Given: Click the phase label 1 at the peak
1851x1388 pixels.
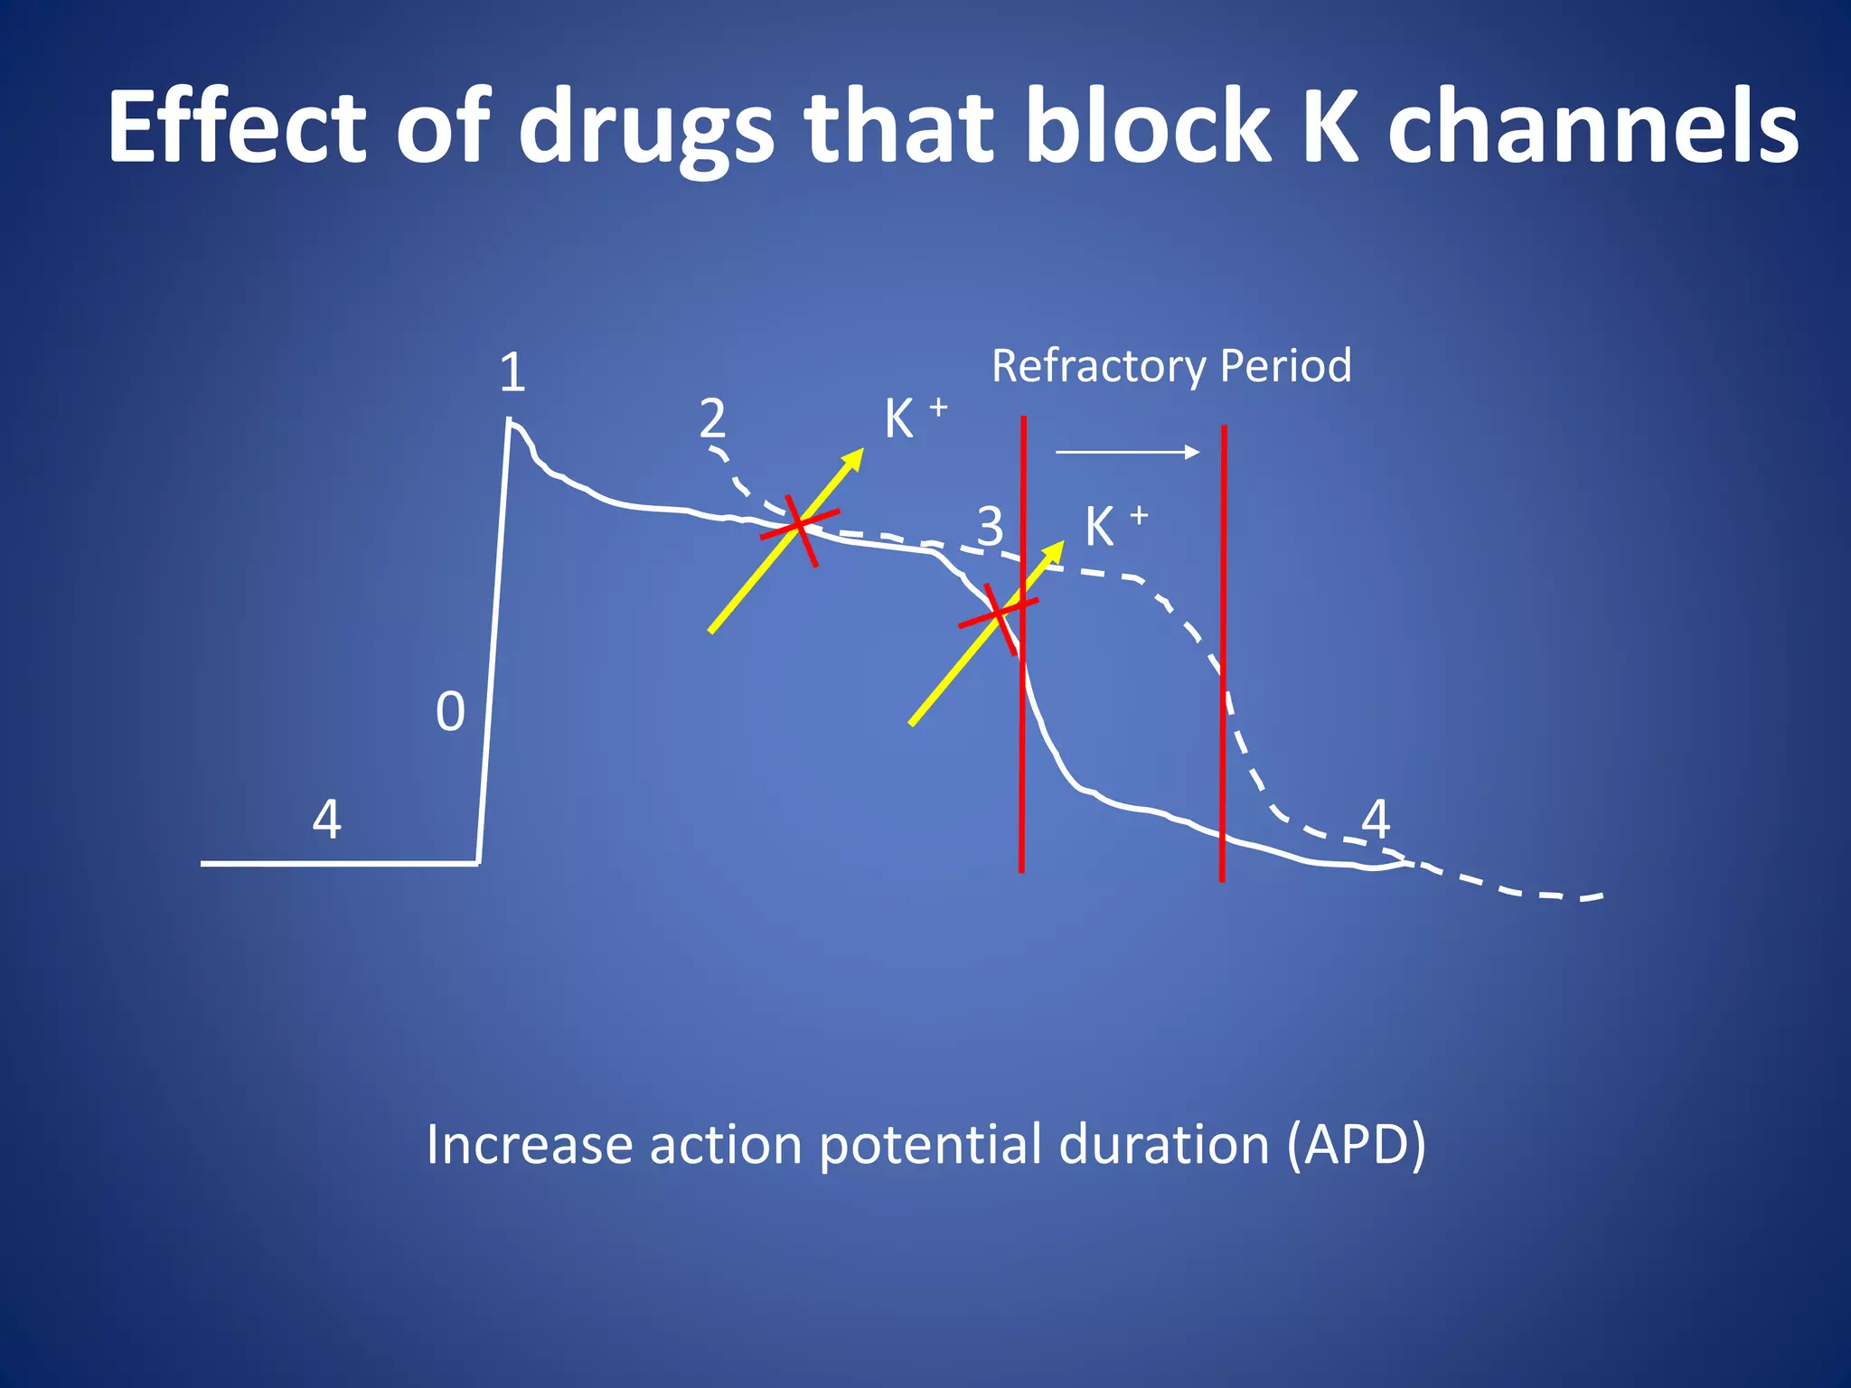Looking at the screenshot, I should click(x=512, y=372).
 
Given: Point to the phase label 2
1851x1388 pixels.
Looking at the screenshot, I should click(x=712, y=417).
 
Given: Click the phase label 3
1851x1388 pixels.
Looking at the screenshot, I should click(x=990, y=526).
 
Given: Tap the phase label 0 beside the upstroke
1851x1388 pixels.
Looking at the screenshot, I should click(x=450, y=712).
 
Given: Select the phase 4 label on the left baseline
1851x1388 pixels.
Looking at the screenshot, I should click(x=326, y=821).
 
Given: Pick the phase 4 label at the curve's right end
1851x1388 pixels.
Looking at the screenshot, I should click(x=1375, y=820).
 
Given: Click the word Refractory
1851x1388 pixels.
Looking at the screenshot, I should click(x=1098, y=367).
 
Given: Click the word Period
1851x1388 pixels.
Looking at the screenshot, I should click(x=1285, y=365).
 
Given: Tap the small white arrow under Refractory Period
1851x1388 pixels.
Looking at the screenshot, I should click(x=1127, y=452).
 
